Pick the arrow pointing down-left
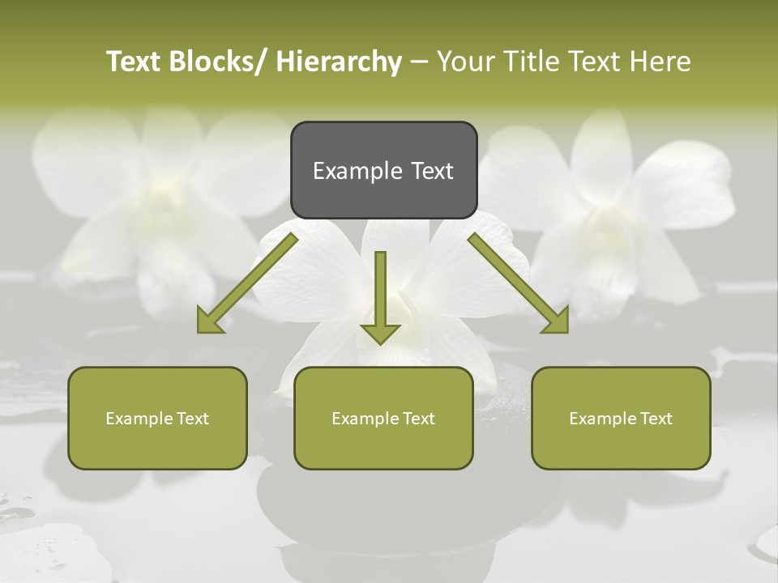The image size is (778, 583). (x=247, y=283)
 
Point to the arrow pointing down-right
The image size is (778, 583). (x=519, y=283)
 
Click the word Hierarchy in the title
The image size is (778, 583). (x=339, y=62)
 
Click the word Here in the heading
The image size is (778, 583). (x=660, y=62)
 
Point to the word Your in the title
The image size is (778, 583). (x=464, y=62)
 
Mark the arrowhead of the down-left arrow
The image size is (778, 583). (x=210, y=321)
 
